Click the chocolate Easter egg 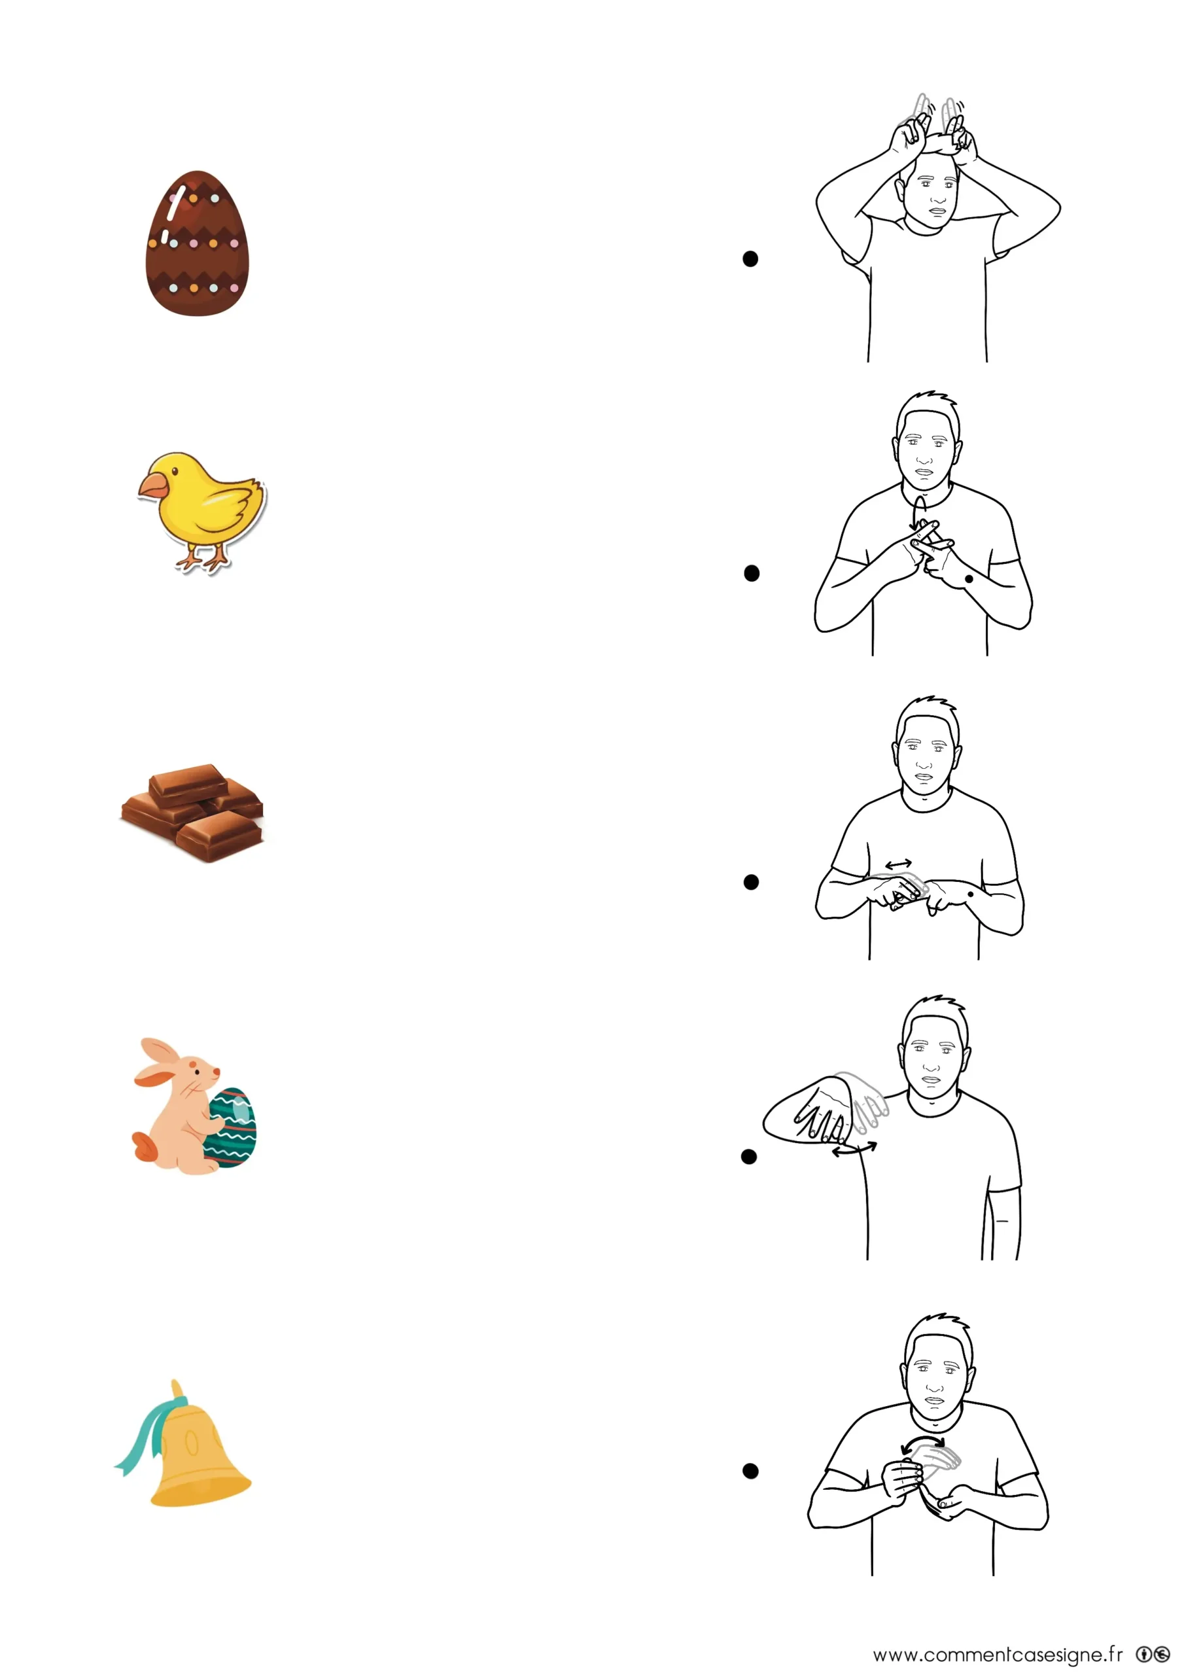pyautogui.click(x=197, y=243)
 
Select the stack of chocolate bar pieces pyautogui.click(x=192, y=813)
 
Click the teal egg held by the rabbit pyautogui.click(x=232, y=1127)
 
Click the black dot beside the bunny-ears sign pyautogui.click(x=750, y=259)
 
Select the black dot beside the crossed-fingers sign pyautogui.click(x=752, y=573)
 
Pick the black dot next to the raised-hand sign pyautogui.click(x=748, y=1156)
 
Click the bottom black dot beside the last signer pyautogui.click(x=750, y=1471)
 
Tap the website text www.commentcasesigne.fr pyautogui.click(x=998, y=1654)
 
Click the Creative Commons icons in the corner pyautogui.click(x=1153, y=1654)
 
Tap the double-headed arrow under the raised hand pyautogui.click(x=854, y=1150)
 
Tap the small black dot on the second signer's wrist pyautogui.click(x=969, y=578)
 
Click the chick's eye pyautogui.click(x=175, y=471)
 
